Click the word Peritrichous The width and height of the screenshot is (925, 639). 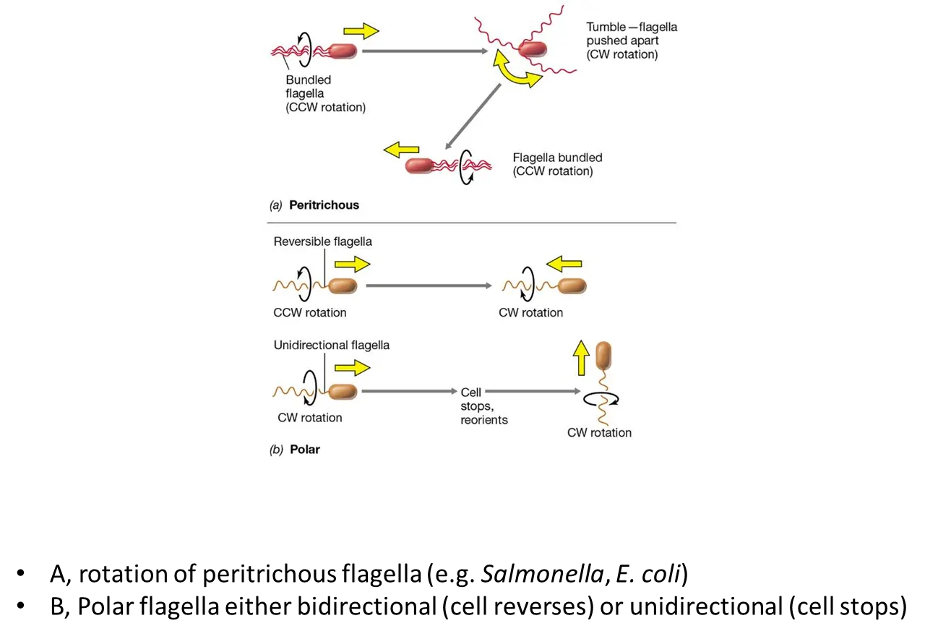[x=324, y=205]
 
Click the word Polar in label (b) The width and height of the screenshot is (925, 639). [x=304, y=450]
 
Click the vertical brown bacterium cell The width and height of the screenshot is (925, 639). [x=603, y=356]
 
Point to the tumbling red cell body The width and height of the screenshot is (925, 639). [x=533, y=49]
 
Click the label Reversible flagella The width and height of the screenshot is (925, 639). [x=322, y=241]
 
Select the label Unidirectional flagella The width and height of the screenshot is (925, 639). [x=331, y=346]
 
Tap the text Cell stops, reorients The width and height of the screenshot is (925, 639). [x=483, y=406]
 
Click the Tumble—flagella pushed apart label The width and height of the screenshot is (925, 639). [x=631, y=40]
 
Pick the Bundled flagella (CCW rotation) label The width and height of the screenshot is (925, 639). [x=325, y=94]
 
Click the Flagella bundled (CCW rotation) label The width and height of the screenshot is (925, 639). [x=556, y=164]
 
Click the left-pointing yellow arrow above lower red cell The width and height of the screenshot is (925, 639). [x=401, y=150]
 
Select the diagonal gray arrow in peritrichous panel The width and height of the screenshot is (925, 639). [x=473, y=116]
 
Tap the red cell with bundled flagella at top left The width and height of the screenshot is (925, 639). [x=343, y=51]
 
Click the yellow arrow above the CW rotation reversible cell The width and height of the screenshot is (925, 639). [x=564, y=265]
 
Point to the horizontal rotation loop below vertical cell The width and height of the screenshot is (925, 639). [x=601, y=398]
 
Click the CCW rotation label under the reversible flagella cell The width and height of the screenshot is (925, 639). [x=309, y=313]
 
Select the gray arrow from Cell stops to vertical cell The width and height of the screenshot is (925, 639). [x=533, y=392]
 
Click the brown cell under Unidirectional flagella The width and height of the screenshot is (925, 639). [x=343, y=392]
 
